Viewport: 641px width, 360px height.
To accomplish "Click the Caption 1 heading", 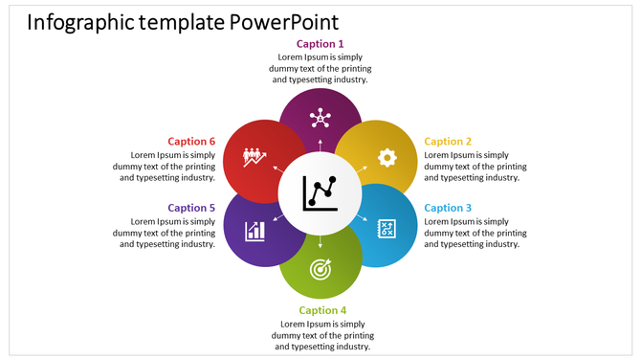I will tap(320, 44).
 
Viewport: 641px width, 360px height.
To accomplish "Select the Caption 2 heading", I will tap(448, 142).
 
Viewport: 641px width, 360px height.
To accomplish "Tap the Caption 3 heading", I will tap(448, 208).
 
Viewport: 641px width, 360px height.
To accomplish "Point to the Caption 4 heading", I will tap(322, 310).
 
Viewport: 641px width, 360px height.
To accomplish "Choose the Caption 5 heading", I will tap(191, 208).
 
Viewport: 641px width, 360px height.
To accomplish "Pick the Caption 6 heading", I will tap(191, 142).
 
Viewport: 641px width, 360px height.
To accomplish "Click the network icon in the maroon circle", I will tap(320, 119).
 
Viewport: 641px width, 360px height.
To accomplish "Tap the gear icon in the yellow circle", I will tap(387, 158).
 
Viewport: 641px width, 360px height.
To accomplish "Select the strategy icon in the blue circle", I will tap(387, 228).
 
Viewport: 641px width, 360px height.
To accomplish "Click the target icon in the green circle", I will tap(320, 270).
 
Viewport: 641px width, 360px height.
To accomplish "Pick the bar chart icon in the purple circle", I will tap(254, 230).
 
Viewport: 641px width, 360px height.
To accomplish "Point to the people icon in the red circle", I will tap(254, 156).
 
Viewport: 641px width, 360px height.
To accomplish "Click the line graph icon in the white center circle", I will tap(320, 192).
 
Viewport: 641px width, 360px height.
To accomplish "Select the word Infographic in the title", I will tap(79, 22).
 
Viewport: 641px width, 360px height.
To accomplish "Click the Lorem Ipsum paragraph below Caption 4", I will tap(322, 335).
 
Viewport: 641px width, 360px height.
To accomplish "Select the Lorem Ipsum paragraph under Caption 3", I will tap(475, 233).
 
